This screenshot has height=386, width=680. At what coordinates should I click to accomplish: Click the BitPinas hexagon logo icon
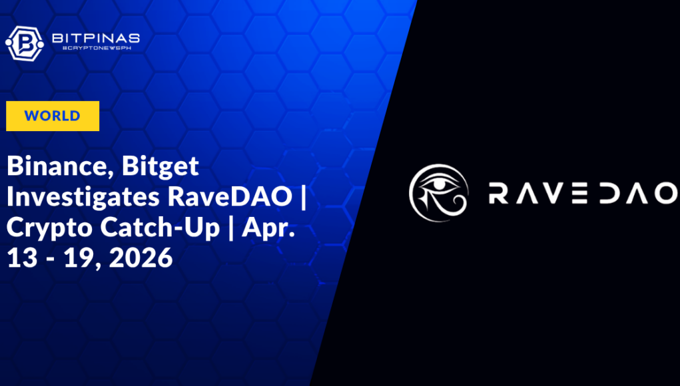(x=24, y=43)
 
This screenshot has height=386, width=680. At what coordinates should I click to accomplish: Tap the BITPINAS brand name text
(x=96, y=38)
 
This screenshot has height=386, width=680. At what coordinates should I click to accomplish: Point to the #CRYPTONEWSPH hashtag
(x=97, y=48)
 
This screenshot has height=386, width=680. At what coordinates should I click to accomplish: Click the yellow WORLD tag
(x=53, y=116)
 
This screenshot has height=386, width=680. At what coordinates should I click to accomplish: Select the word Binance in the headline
(x=60, y=166)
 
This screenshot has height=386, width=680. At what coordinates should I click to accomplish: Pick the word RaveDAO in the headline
(x=230, y=196)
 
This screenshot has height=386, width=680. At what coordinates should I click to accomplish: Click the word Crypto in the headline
(x=49, y=228)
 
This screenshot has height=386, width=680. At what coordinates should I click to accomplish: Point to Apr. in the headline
(x=268, y=228)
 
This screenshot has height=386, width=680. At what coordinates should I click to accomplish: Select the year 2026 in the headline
(x=141, y=258)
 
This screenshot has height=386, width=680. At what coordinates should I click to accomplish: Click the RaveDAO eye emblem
(x=439, y=193)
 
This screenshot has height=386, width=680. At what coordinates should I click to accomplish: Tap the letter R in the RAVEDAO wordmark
(x=498, y=193)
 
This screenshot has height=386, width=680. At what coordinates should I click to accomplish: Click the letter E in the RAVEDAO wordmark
(x=579, y=193)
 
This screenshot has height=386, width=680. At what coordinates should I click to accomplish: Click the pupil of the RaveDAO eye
(x=440, y=184)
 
